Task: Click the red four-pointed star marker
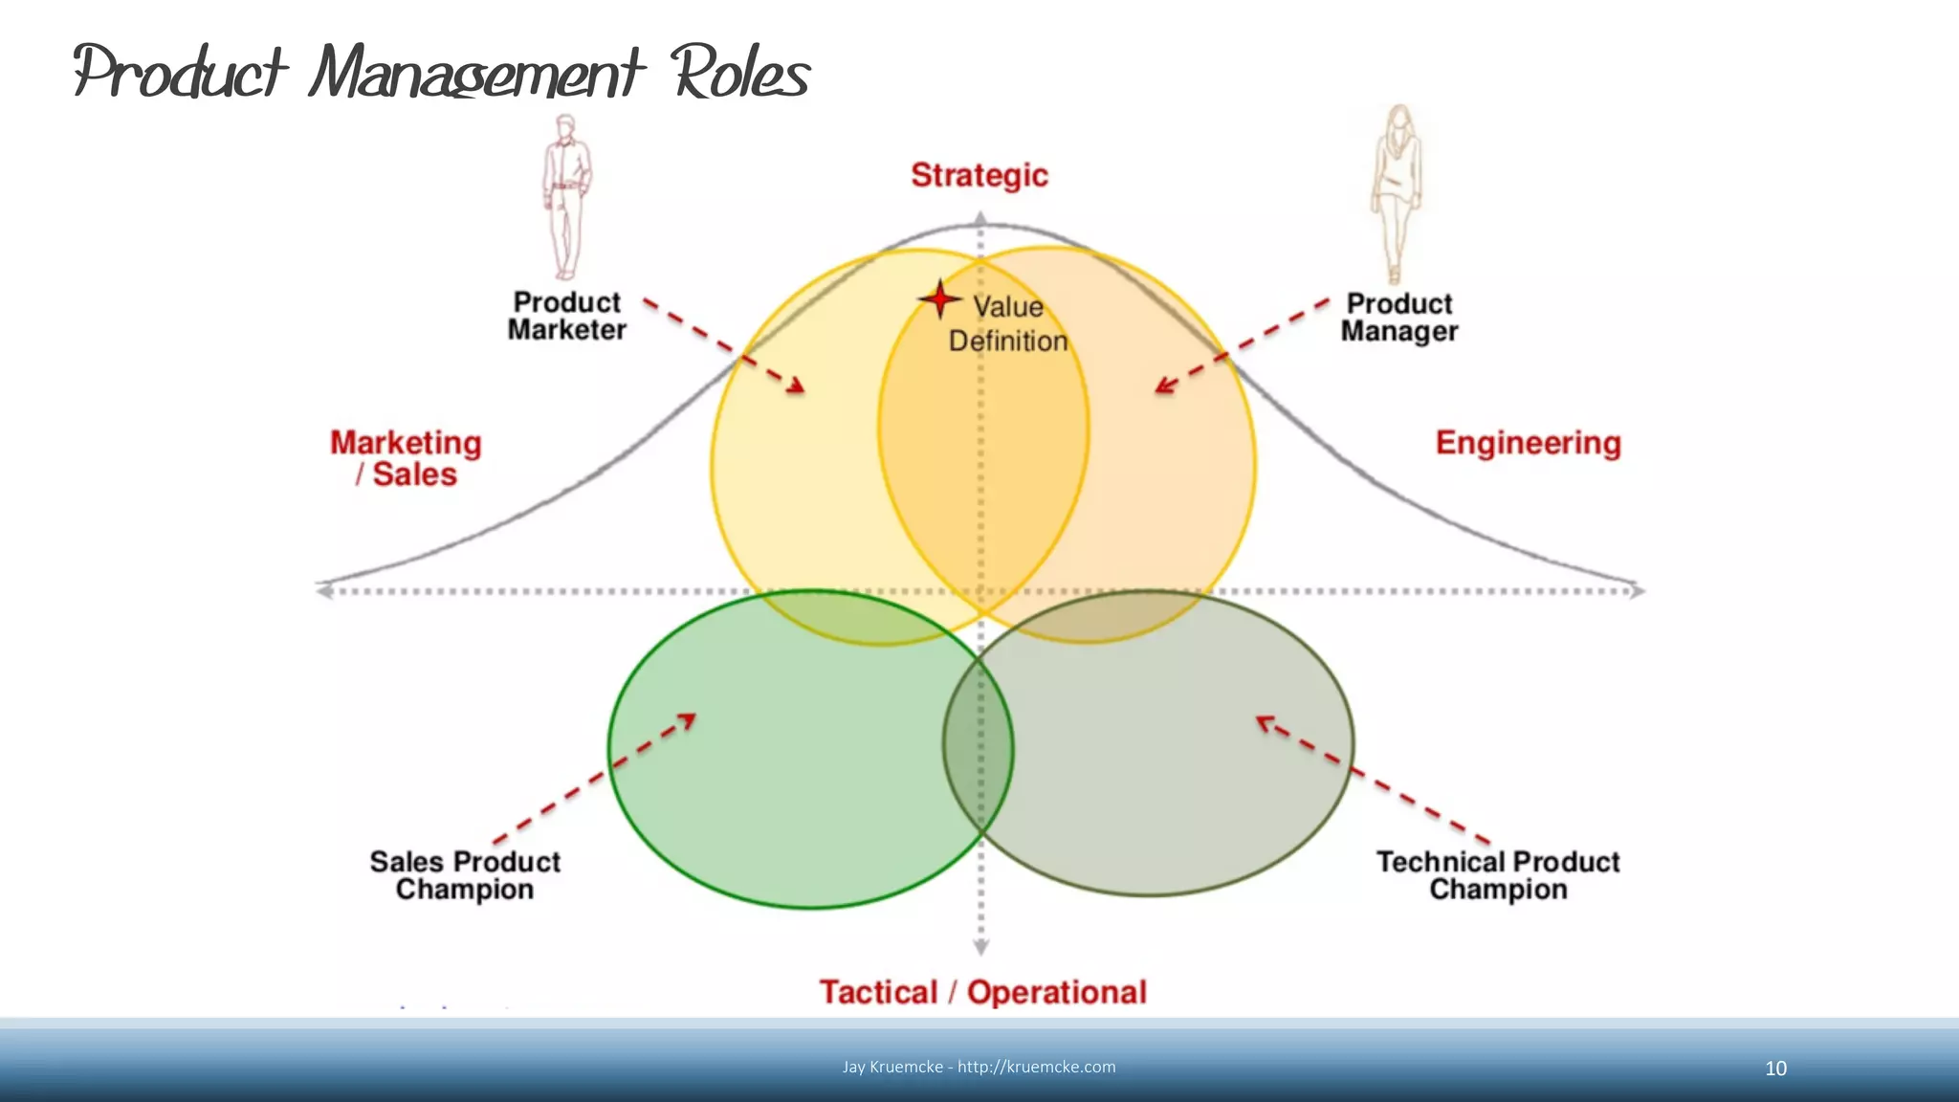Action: point(940,299)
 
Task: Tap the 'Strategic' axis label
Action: point(979,175)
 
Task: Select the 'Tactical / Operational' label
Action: point(982,992)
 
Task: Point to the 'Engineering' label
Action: point(1528,443)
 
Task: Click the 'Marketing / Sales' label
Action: point(407,458)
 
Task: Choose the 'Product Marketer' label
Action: point(567,316)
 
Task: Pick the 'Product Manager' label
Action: point(1399,317)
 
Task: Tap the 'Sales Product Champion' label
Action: point(465,875)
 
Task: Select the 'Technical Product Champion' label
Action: point(1498,875)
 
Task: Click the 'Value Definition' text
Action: point(1008,323)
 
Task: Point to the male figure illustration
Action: point(566,196)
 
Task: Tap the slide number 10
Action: point(1775,1069)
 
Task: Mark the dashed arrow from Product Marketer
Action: point(724,345)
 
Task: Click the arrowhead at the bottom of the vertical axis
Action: point(980,947)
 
